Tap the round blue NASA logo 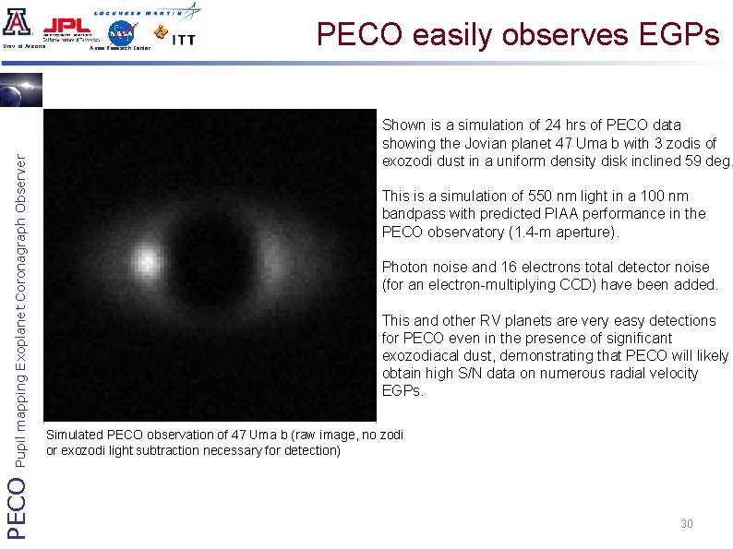(122, 33)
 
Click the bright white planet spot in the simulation (146, 261)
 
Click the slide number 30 (686, 524)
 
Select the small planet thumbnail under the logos (18, 90)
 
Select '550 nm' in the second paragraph (548, 196)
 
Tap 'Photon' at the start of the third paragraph (403, 267)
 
